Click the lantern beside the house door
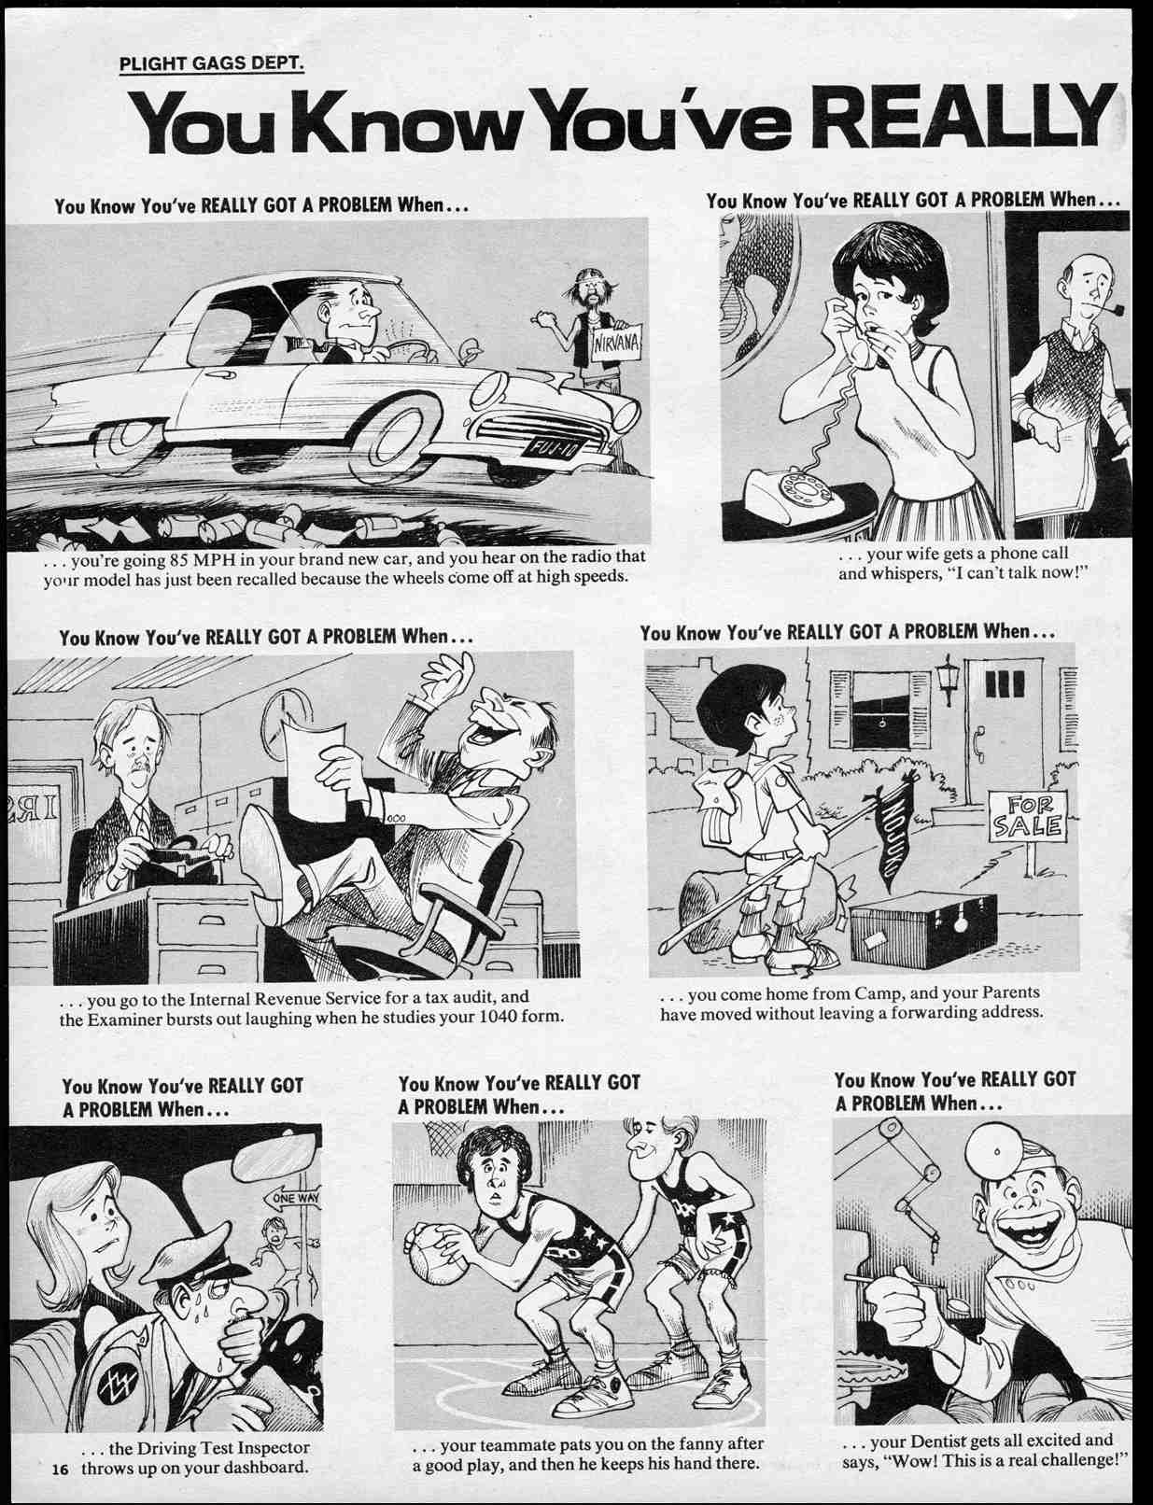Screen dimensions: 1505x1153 click(x=948, y=681)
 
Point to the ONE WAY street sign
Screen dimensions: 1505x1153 click(x=294, y=1197)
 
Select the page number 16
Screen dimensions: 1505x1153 click(x=61, y=1469)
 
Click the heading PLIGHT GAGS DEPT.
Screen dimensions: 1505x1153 click(x=212, y=64)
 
